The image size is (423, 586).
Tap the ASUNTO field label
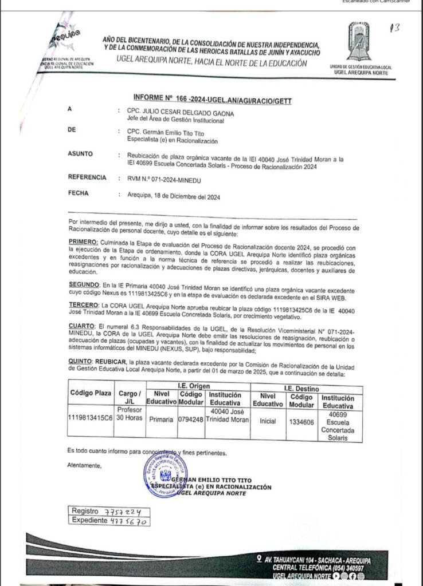click(x=81, y=154)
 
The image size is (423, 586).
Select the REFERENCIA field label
click(x=87, y=178)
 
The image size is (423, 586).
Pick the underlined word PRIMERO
click(x=81, y=242)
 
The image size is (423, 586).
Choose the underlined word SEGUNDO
click(x=82, y=284)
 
